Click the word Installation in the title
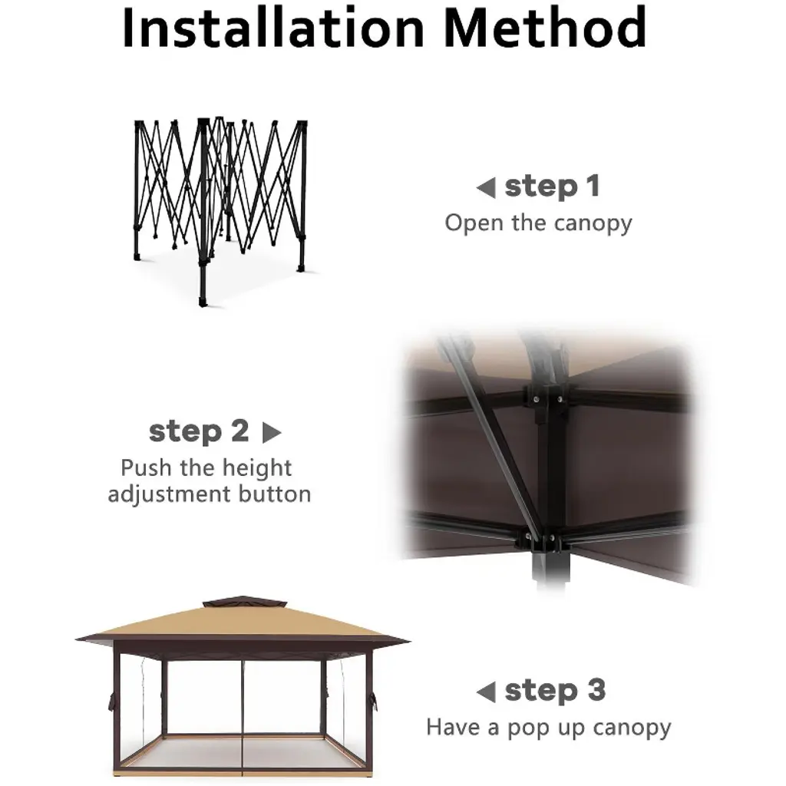[x=273, y=28]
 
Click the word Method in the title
[x=546, y=28]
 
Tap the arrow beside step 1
[x=486, y=188]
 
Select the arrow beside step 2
[x=272, y=433]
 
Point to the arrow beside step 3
[x=486, y=692]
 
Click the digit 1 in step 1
[x=593, y=186]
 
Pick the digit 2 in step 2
[x=239, y=431]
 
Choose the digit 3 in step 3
[x=596, y=690]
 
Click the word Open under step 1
[x=474, y=223]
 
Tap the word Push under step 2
[x=147, y=467]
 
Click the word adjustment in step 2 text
[x=170, y=495]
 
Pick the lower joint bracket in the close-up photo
[x=540, y=540]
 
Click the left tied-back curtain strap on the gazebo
[x=111, y=701]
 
